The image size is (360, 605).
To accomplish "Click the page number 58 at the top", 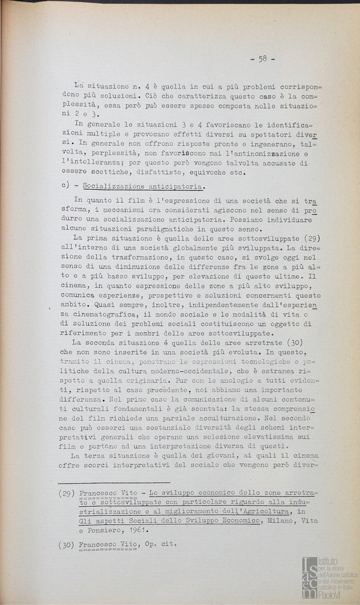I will click(x=262, y=58).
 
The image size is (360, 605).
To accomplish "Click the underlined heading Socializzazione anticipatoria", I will click(x=143, y=187).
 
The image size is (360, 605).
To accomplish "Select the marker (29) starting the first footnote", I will click(x=67, y=494).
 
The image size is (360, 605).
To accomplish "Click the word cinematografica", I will click(x=108, y=316).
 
